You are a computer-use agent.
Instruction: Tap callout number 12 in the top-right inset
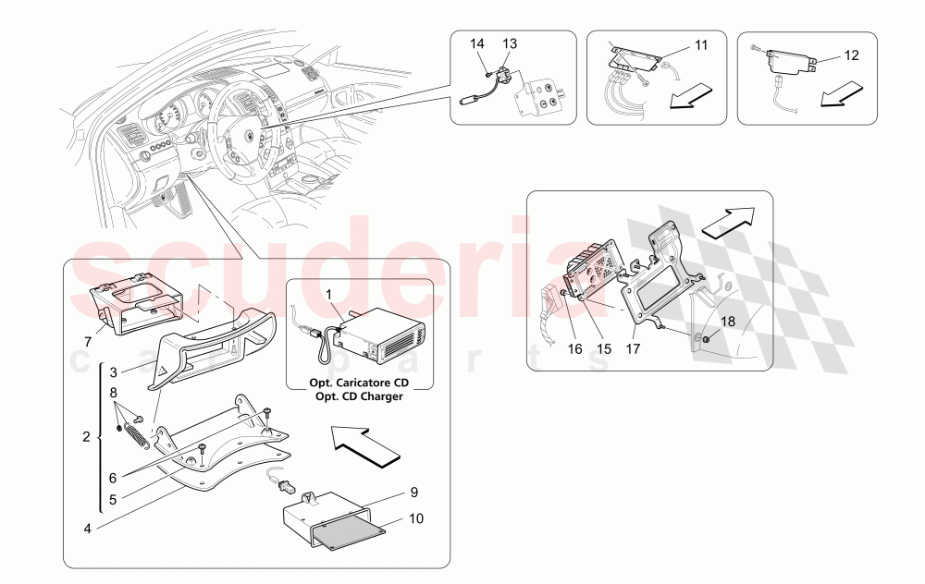(852, 55)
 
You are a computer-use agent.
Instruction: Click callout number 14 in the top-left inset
(476, 43)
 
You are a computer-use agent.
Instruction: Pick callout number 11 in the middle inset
(700, 44)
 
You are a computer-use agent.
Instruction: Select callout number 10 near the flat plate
(416, 519)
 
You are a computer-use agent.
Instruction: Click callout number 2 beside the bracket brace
(87, 436)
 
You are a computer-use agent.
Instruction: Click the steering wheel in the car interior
(245, 129)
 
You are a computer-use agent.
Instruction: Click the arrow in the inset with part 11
(692, 96)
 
